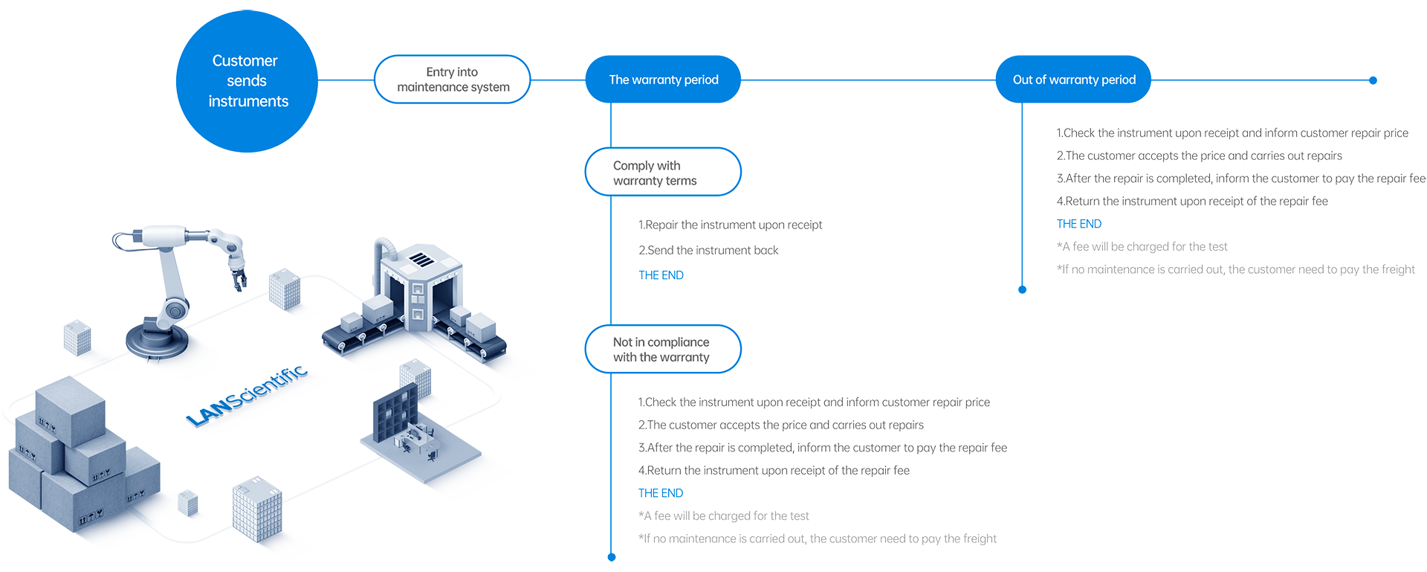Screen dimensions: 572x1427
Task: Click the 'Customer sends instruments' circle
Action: (x=247, y=81)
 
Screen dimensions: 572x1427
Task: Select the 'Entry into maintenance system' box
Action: (x=453, y=80)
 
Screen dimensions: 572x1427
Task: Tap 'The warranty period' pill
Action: (x=663, y=80)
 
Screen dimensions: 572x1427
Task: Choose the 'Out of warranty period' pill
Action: (x=1073, y=80)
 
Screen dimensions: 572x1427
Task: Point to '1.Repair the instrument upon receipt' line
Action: (x=730, y=225)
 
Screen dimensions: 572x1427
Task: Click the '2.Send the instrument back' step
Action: (x=708, y=251)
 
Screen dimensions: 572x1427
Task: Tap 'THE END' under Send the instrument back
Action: (x=661, y=275)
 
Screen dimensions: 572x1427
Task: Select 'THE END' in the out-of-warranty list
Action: (x=1078, y=224)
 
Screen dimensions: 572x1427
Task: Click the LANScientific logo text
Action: (x=247, y=394)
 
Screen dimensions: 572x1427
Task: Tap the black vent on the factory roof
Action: (x=421, y=260)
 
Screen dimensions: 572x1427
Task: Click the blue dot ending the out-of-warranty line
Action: (x=1022, y=289)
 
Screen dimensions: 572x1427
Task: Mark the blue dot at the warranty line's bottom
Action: (x=612, y=556)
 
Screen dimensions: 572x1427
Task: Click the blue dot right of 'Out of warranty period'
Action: (x=1373, y=80)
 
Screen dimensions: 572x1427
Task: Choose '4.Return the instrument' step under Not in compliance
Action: (x=774, y=471)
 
